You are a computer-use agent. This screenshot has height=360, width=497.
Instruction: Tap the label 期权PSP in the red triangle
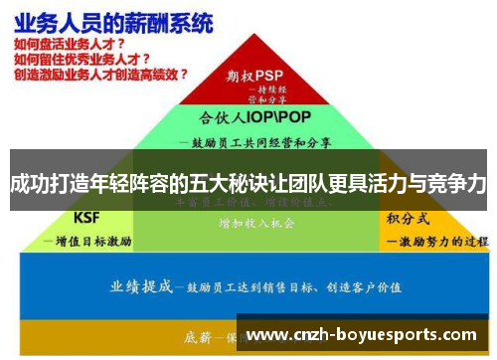coord(254,75)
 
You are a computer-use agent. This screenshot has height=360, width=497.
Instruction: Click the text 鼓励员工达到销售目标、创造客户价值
coord(288,287)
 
